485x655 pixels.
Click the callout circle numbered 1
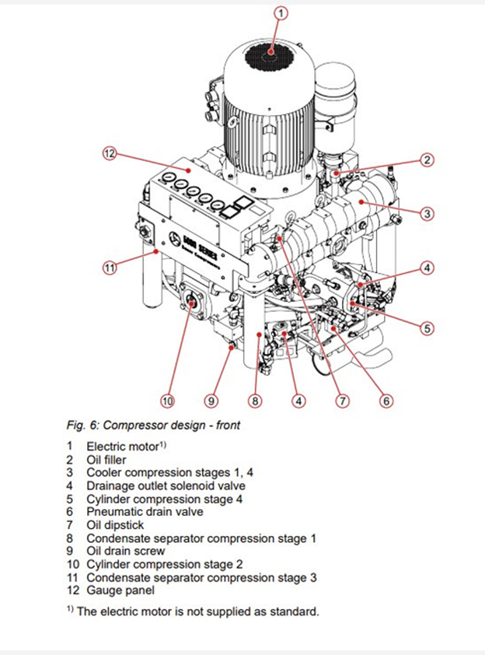[281, 12]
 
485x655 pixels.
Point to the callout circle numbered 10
[167, 401]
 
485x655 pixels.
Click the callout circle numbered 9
[211, 401]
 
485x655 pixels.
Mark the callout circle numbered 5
[427, 328]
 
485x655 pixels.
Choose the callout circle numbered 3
[427, 212]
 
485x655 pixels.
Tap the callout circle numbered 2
[427, 160]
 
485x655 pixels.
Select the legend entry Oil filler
[113, 460]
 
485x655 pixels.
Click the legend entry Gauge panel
[120, 590]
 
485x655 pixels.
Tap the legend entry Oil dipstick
[115, 525]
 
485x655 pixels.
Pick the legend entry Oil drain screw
[125, 551]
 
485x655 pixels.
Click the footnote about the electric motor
[197, 611]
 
